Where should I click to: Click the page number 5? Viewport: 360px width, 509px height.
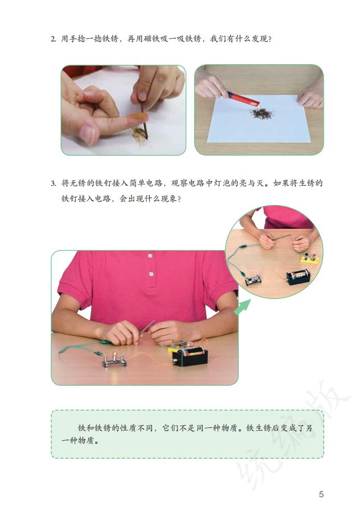tap(321, 494)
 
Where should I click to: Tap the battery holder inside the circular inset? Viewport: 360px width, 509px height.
tap(298, 275)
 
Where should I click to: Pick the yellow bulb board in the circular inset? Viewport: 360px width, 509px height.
tap(309, 257)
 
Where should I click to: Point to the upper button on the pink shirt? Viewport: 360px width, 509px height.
tap(150, 255)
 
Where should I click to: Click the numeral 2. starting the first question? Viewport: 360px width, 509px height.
tap(53, 39)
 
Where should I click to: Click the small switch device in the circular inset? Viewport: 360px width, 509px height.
tap(253, 280)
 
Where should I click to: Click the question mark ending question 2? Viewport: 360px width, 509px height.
tap(270, 39)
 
